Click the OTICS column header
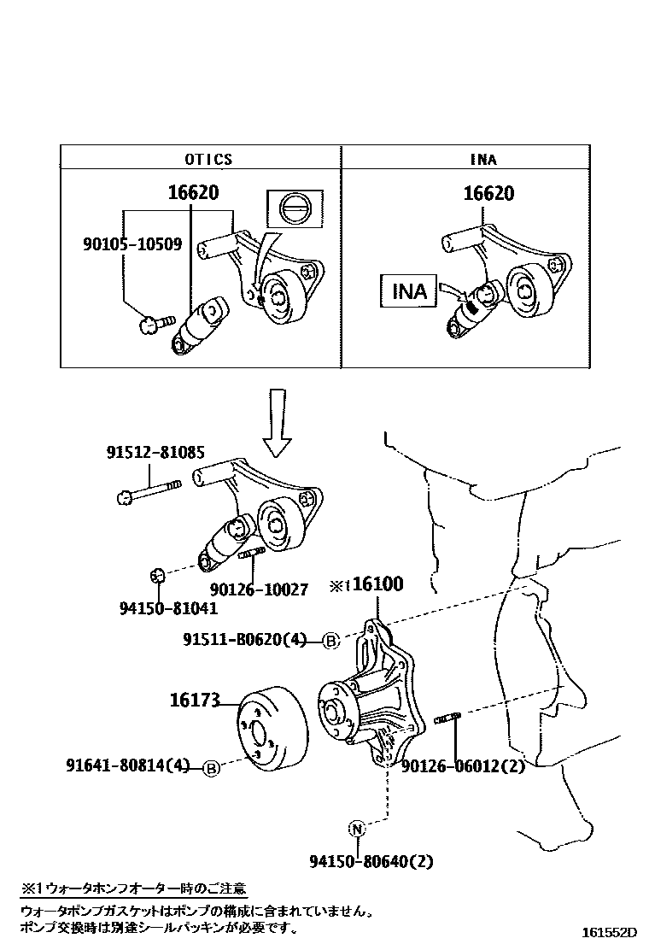(x=208, y=159)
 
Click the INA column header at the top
(x=483, y=159)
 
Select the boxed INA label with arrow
(x=409, y=291)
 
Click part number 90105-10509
(x=132, y=243)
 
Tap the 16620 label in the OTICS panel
(x=193, y=193)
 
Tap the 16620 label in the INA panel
(x=488, y=193)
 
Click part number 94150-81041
(x=168, y=608)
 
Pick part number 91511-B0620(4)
(x=244, y=639)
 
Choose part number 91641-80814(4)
(x=127, y=765)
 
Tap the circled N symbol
(x=357, y=828)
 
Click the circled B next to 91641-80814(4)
(x=212, y=768)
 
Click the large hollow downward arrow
(x=277, y=422)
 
